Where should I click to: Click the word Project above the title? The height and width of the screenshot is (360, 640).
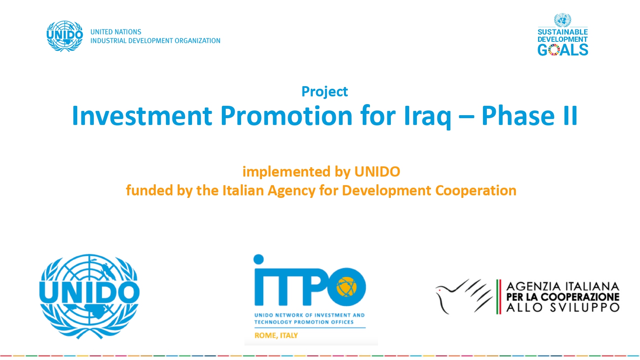[x=325, y=92]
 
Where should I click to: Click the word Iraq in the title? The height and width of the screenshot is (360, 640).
[x=428, y=116]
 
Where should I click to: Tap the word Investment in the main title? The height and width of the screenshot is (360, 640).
[x=142, y=116]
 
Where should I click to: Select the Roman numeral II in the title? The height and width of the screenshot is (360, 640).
[x=570, y=116]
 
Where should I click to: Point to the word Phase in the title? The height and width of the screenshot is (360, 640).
[x=518, y=116]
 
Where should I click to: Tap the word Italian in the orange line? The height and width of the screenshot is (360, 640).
[x=243, y=190]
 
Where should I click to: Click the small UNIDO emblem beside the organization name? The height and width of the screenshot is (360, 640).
[x=65, y=36]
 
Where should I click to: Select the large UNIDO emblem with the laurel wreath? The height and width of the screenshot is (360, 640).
[x=89, y=296]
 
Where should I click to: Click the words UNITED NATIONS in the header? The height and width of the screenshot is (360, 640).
[x=116, y=32]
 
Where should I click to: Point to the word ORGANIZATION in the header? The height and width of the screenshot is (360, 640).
[x=198, y=41]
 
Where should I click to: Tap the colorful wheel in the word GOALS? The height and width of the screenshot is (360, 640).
[x=554, y=50]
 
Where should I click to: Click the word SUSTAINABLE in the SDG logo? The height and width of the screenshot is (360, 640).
[x=563, y=32]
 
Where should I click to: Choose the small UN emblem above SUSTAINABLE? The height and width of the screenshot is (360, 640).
[x=562, y=20]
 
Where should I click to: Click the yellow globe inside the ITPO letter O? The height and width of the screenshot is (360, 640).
[x=346, y=287]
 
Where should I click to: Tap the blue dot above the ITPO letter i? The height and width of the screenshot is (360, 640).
[x=259, y=259]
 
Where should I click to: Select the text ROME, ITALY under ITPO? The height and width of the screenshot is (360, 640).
[x=276, y=335]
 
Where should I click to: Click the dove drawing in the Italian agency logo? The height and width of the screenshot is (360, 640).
[x=463, y=296]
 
